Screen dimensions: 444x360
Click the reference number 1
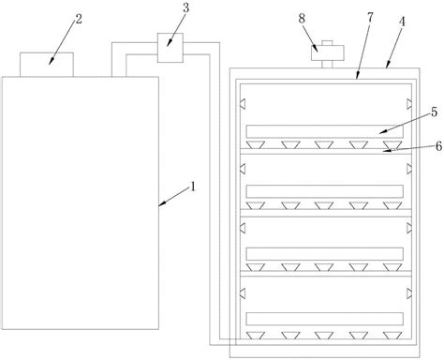pyautogui.click(x=193, y=187)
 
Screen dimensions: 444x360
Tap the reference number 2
pyautogui.click(x=79, y=19)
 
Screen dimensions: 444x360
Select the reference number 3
pyautogui.click(x=186, y=8)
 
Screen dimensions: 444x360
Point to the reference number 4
pyautogui.click(x=402, y=22)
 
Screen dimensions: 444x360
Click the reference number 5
pyautogui.click(x=435, y=112)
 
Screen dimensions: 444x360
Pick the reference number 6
pyautogui.click(x=438, y=146)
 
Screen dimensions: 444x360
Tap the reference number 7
pyautogui.click(x=370, y=18)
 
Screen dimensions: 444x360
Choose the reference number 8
pyautogui.click(x=302, y=19)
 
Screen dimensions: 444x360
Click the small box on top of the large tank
pyautogui.click(x=47, y=65)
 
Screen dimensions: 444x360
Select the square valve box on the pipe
pyautogui.click(x=170, y=48)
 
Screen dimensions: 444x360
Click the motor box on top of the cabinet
pyautogui.click(x=328, y=52)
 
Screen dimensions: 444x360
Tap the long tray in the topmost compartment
pyautogui.click(x=325, y=131)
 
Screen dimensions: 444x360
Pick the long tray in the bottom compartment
pyautogui.click(x=325, y=319)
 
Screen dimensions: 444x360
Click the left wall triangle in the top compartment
pyautogui.click(x=243, y=104)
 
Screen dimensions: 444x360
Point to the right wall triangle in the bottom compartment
pyautogui.click(x=409, y=293)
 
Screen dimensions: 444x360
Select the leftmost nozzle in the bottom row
pyautogui.click(x=256, y=336)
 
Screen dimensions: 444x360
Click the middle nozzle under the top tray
pyautogui.click(x=324, y=144)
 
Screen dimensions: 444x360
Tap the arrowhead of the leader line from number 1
pyautogui.click(x=160, y=205)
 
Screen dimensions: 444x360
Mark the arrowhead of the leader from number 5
pyautogui.click(x=382, y=132)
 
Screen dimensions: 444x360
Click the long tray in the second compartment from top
pyautogui.click(x=325, y=191)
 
